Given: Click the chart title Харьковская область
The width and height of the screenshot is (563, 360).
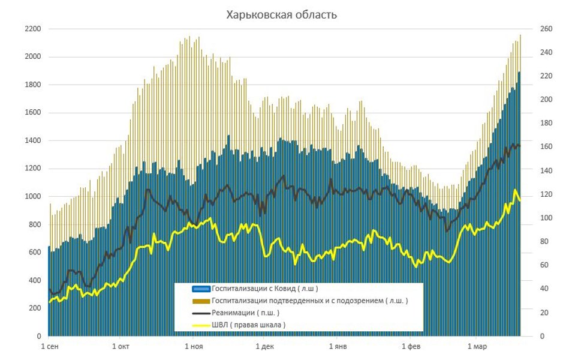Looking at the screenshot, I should (281, 14).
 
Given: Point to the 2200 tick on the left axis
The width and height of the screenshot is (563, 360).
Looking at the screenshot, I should (32, 29).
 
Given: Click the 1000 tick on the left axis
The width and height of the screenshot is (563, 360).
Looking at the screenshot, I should (32, 197).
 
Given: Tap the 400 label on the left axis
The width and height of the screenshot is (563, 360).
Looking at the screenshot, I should (34, 281).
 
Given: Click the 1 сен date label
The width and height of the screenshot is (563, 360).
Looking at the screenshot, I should (50, 347).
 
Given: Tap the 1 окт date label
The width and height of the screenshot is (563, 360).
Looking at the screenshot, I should (121, 347).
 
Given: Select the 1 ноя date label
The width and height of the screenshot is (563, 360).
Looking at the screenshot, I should (194, 347).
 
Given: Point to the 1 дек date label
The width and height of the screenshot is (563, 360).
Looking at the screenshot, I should (264, 347).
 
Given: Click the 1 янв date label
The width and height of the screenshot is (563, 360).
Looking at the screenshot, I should (338, 347).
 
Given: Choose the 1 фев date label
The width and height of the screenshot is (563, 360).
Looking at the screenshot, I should (411, 347).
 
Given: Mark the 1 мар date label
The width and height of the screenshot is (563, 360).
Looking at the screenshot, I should (477, 347).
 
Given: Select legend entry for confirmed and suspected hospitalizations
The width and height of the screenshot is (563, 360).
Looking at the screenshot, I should (309, 301).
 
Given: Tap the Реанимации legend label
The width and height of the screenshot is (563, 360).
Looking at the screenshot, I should (245, 313).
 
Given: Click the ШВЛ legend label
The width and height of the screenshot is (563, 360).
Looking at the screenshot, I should (248, 325).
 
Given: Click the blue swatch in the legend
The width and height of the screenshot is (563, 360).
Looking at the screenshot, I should (201, 289).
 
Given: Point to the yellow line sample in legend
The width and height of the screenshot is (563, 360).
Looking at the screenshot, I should (201, 325).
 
